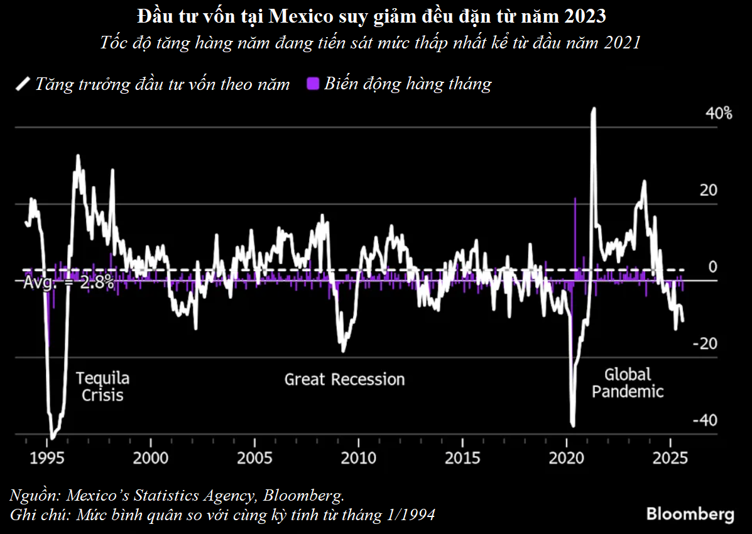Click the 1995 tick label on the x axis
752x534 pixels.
tap(47, 457)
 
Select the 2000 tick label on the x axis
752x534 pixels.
tap(151, 457)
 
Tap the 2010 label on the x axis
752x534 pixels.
tap(359, 457)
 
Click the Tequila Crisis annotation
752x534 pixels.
tap(102, 386)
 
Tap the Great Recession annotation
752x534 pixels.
tap(344, 379)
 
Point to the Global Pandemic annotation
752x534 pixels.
tap(628, 383)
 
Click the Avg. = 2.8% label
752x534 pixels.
tap(68, 283)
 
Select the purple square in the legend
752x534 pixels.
tap(312, 84)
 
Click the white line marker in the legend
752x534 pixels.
tap(23, 84)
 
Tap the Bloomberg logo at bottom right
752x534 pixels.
tap(690, 513)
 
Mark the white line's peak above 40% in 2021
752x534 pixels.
tap(594, 109)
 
